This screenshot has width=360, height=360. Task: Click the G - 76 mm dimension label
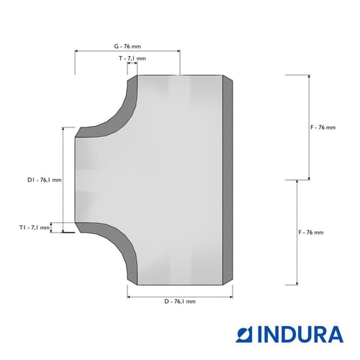pyautogui.click(x=127, y=46)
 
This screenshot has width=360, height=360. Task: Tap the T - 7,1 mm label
pyautogui.click(x=132, y=58)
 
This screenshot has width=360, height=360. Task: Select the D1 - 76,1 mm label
pyautogui.click(x=45, y=180)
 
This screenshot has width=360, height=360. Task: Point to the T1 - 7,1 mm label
pyautogui.click(x=35, y=228)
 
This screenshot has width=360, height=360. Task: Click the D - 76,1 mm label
pyautogui.click(x=180, y=302)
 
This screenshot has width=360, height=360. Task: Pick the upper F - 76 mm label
pyautogui.click(x=323, y=127)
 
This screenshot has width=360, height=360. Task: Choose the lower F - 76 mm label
pyautogui.click(x=311, y=233)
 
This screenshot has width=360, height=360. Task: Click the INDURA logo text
pyautogui.click(x=300, y=334)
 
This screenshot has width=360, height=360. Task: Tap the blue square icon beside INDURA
pyautogui.click(x=244, y=334)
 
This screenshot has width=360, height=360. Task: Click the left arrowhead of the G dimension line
pyautogui.click(x=76, y=51)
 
